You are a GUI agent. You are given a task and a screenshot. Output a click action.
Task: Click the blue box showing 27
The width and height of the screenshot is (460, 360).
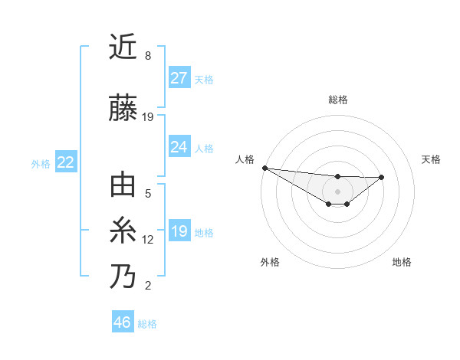(179, 78)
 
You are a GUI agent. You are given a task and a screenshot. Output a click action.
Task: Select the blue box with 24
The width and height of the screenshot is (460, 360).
(179, 147)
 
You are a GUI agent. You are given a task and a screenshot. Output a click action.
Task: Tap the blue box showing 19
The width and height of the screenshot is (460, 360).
(179, 231)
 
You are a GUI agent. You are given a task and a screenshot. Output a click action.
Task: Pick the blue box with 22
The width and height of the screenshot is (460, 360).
(66, 162)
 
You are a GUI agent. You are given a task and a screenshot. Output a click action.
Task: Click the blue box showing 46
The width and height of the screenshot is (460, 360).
(123, 322)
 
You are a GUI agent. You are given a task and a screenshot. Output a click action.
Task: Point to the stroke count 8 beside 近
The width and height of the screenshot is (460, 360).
(148, 56)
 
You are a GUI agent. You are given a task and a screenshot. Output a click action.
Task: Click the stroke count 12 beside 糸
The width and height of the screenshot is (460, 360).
(148, 240)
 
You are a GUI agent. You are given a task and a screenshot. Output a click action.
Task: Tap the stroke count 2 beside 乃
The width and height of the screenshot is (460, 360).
(148, 286)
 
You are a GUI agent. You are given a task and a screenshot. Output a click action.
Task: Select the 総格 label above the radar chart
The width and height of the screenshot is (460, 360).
(337, 100)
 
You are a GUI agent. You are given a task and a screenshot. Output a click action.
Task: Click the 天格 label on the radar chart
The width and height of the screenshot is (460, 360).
(432, 159)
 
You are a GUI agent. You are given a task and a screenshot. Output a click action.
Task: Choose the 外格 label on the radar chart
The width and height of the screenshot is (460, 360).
(270, 262)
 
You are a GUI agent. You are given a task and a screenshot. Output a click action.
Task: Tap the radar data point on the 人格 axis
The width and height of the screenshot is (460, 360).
(264, 168)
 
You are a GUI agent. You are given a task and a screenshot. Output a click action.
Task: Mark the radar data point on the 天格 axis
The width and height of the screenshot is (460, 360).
(382, 178)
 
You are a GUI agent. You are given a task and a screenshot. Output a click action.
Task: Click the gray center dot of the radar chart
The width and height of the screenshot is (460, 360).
(337, 191)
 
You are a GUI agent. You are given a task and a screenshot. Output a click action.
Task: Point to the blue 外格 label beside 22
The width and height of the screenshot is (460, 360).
(40, 163)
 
